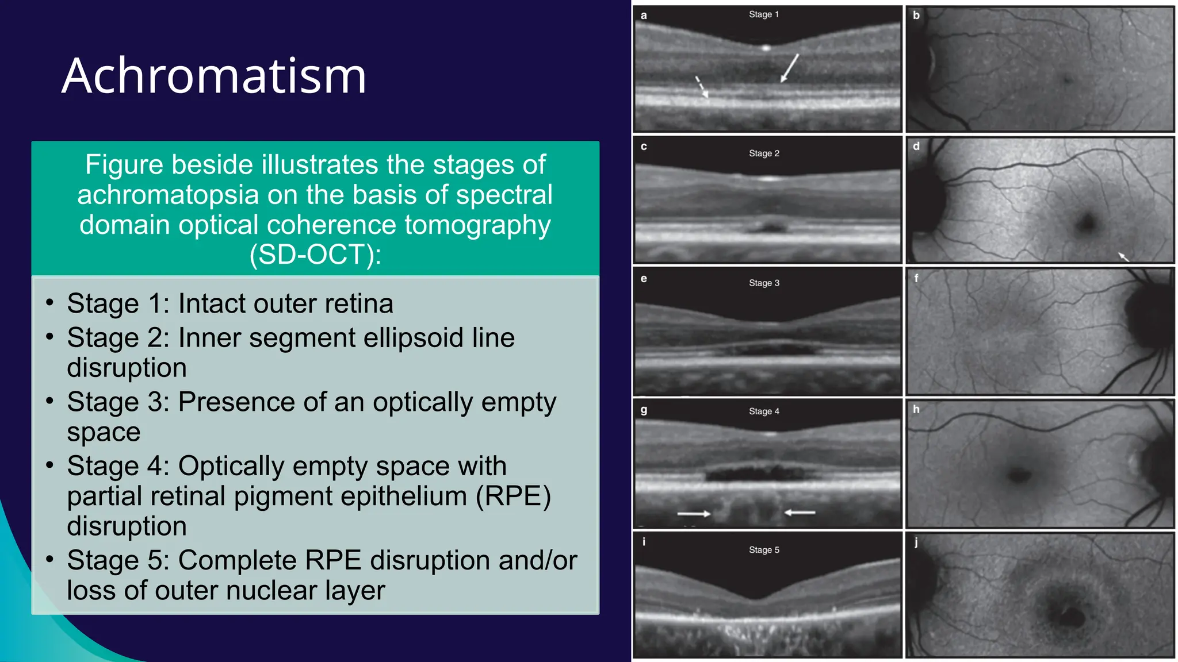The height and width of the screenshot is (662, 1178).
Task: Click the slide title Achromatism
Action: pos(213,76)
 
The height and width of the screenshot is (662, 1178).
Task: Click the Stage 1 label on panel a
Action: pos(763,14)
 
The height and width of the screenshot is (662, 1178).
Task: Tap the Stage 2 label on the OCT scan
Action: pos(764,153)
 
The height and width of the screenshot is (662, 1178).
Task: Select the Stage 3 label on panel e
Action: pos(764,283)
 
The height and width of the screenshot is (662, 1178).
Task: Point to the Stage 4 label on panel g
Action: pos(764,411)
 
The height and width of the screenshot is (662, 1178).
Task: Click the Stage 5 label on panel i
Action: pos(764,550)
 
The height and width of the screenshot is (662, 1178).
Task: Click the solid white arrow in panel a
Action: pos(790,68)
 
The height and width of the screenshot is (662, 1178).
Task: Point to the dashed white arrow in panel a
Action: pos(702,87)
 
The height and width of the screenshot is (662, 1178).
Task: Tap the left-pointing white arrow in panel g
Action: pos(800,512)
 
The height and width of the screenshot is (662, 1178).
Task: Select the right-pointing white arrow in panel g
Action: pos(694,513)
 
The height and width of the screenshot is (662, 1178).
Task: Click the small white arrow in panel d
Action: pos(1123,256)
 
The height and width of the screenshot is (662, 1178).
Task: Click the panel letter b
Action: pos(916,16)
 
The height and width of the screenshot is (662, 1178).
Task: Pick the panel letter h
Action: pos(916,409)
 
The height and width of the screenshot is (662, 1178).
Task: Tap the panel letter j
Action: pos(916,542)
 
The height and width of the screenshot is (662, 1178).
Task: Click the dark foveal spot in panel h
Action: pos(1019,475)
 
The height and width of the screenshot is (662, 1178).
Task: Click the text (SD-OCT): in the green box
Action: pos(315,255)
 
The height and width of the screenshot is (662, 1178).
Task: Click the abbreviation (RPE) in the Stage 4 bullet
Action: pos(513,496)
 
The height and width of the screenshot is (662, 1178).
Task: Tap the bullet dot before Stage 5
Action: pos(50,559)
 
